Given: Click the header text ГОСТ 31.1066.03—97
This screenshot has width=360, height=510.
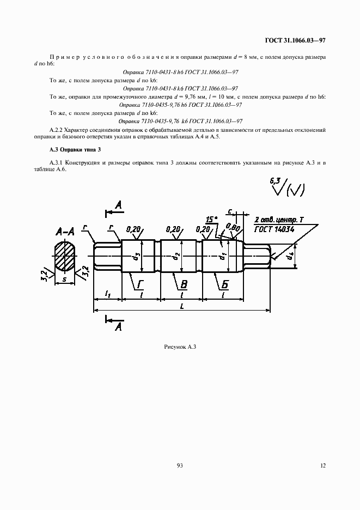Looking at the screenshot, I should [295, 40].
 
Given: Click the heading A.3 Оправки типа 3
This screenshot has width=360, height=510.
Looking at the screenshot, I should [72, 149].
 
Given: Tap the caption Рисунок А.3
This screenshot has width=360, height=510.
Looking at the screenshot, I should [180, 347].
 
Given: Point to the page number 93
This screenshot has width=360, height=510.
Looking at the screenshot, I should [180, 465].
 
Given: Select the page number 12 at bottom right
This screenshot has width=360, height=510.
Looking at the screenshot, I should [323, 465].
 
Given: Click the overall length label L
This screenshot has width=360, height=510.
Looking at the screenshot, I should [181, 306].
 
